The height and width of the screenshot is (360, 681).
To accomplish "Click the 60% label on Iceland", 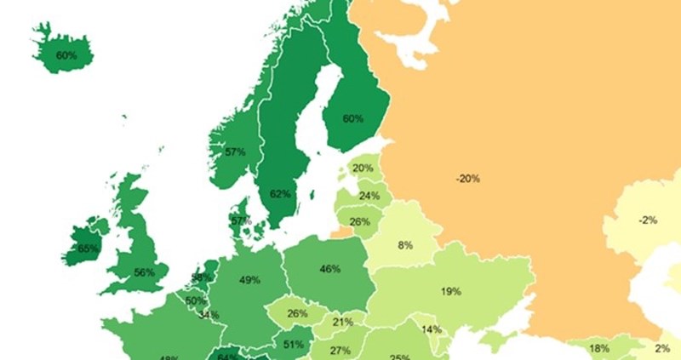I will [x=66, y=55].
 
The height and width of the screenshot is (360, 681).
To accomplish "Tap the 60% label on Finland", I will [x=352, y=118].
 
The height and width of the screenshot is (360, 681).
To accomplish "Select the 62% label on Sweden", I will [x=281, y=193].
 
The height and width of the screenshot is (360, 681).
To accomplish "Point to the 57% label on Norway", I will [x=236, y=152].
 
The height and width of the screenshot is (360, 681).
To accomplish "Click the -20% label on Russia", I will [x=467, y=179].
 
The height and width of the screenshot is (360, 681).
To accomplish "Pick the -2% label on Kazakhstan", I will [x=648, y=220].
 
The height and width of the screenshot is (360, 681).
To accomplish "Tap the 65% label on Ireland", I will [x=88, y=249].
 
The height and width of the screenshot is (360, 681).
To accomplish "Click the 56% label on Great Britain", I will [x=144, y=273].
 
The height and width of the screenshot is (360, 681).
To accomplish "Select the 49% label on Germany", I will [x=249, y=280].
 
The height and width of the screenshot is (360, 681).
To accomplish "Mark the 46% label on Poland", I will [x=330, y=269].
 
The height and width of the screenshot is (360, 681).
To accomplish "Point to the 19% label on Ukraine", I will [x=451, y=291].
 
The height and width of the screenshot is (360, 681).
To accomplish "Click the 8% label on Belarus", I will [x=404, y=245].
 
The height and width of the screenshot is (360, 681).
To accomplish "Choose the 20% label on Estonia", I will [x=363, y=168].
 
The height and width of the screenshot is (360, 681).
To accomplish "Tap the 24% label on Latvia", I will [x=369, y=195].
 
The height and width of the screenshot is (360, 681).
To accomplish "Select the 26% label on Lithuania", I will [x=360, y=222].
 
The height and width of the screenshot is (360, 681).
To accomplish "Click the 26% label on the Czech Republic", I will [x=297, y=313].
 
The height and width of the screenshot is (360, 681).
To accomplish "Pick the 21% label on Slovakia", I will [x=343, y=322].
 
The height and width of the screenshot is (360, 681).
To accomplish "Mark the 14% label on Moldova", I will [x=432, y=329].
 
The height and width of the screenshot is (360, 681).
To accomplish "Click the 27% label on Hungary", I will [x=340, y=351].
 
